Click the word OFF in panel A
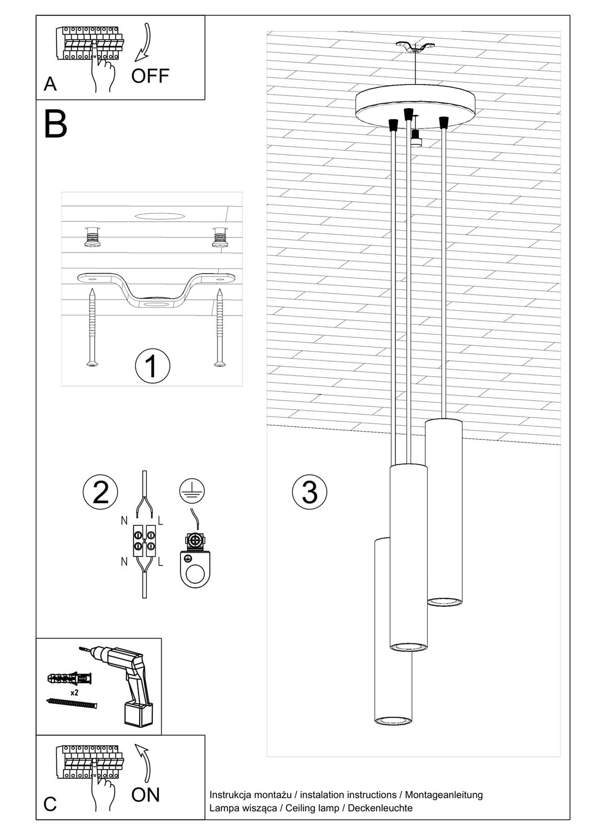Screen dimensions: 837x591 coord(150,76)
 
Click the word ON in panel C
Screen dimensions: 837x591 coord(145,795)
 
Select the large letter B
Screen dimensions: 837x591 coord(55,125)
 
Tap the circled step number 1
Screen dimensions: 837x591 coord(152,366)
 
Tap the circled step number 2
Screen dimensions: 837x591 coord(100,492)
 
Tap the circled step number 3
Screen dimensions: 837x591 coord(310,492)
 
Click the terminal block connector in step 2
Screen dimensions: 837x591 coord(144,541)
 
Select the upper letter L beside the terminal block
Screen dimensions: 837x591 coord(161,521)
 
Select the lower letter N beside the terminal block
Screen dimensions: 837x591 coord(124,561)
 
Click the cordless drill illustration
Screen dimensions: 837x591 coord(128,680)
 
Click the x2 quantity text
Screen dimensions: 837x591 coord(74,692)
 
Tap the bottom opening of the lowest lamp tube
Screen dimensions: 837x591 coord(393,720)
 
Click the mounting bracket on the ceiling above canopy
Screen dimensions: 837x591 coord(415,47)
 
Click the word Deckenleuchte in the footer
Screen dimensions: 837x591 coord(380,808)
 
